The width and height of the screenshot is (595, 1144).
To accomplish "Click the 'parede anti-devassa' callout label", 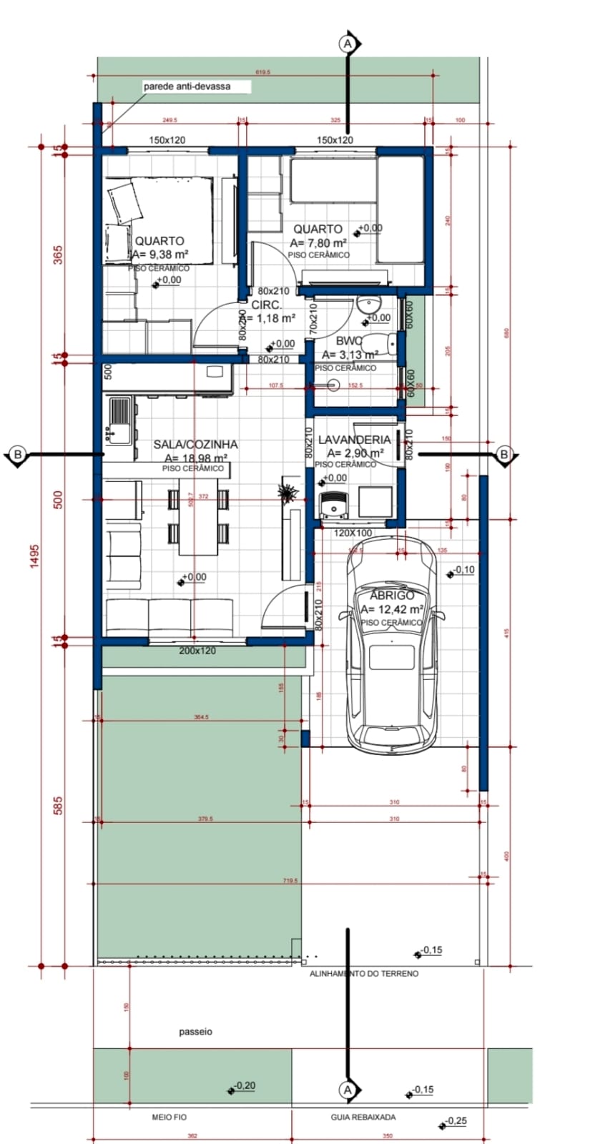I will (x=187, y=87).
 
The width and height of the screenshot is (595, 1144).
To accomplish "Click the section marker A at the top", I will (x=348, y=44).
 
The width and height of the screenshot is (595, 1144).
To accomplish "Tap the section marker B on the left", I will (x=18, y=454).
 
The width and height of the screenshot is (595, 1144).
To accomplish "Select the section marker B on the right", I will (x=504, y=454).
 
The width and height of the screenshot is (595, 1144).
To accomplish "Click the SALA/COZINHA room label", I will (x=195, y=445).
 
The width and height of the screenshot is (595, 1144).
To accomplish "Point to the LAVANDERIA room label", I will (x=354, y=440).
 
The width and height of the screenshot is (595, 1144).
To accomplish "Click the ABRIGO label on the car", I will (x=392, y=596).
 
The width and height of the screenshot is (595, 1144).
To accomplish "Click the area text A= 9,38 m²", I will (x=160, y=255).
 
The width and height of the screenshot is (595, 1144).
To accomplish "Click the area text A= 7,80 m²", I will (x=318, y=242).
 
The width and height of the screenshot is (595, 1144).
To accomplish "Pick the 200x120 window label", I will (x=197, y=651).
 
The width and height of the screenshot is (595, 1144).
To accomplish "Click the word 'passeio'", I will (x=195, y=1032).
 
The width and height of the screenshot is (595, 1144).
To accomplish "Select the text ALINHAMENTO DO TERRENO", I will (x=363, y=974).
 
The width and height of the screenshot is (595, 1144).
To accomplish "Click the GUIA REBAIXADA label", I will (x=363, y=1117).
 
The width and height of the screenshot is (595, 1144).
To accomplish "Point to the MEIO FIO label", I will (x=169, y=1117).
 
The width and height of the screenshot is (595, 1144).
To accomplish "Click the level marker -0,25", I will (x=456, y=1120).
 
